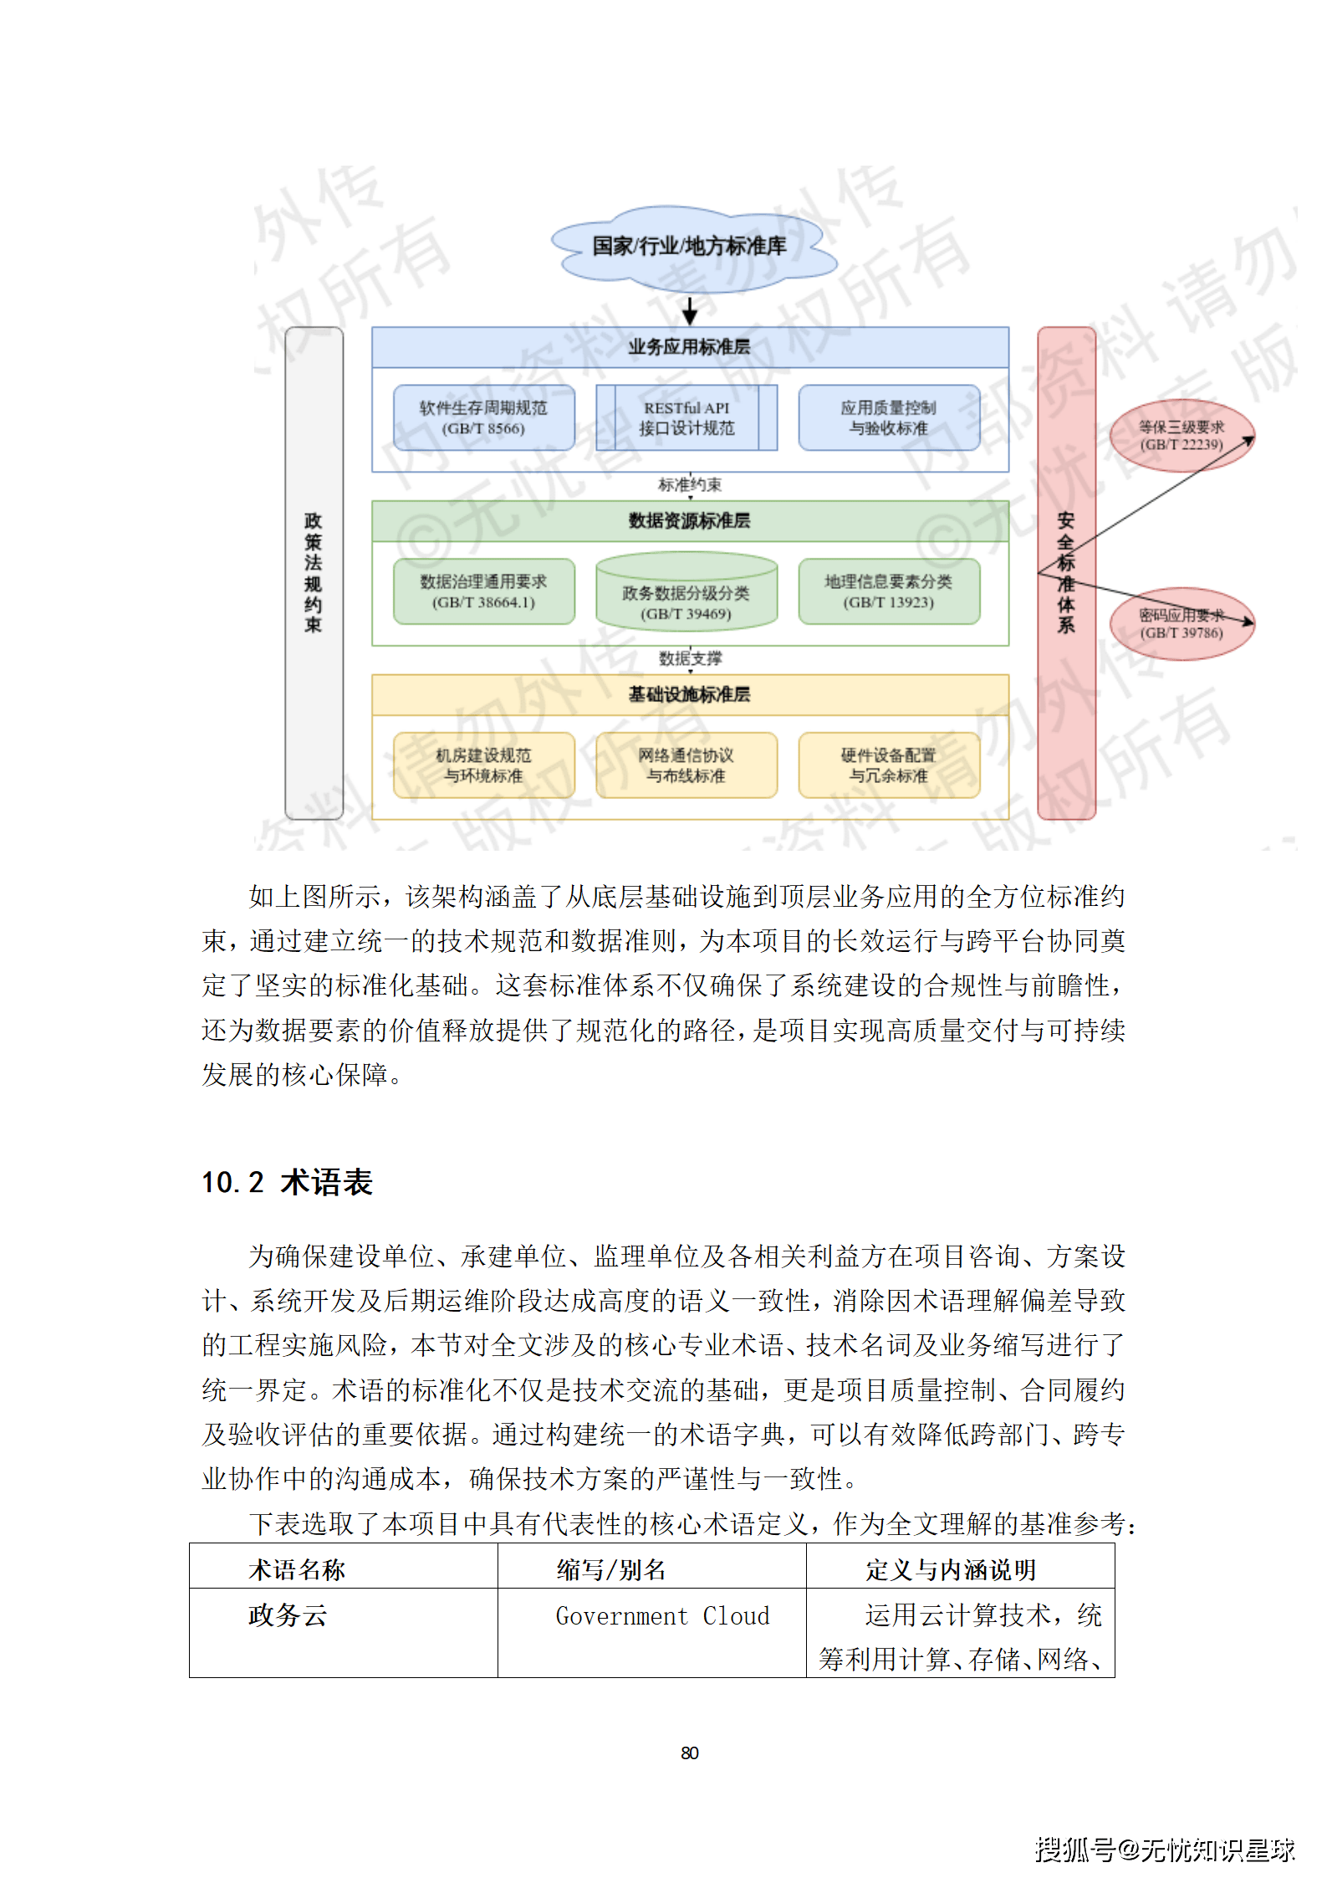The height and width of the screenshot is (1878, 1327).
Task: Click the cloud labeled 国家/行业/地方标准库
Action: coord(691,247)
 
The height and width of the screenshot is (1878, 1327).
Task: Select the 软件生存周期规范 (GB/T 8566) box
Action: coord(483,418)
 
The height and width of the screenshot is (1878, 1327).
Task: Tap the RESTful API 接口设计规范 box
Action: coord(686,418)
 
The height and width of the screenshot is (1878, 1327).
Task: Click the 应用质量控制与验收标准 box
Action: coord(889,418)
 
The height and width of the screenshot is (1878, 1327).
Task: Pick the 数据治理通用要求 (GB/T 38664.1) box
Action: coord(483,592)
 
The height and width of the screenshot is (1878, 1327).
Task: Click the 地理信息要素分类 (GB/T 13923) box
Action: coord(889,592)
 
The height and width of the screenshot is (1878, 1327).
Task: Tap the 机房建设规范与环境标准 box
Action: coord(483,765)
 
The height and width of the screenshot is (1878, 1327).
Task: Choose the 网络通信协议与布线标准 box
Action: coord(686,765)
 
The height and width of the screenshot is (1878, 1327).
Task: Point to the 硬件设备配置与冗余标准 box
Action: coord(889,765)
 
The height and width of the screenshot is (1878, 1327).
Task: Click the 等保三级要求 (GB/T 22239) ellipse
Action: coord(1181,436)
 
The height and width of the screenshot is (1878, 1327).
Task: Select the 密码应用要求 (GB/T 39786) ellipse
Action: coord(1181,624)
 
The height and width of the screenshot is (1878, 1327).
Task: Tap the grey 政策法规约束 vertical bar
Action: coord(314,573)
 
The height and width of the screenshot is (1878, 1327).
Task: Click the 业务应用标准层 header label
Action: coord(690,347)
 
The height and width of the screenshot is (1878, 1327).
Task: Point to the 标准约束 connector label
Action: coord(690,485)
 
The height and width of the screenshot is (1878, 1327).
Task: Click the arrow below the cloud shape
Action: coord(690,310)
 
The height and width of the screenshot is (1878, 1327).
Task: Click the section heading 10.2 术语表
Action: coord(287,1182)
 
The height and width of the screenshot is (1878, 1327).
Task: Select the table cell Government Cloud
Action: coord(662,1616)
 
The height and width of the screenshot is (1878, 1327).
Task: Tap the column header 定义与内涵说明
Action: coord(951,1570)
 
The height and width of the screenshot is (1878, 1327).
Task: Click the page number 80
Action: coord(690,1753)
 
